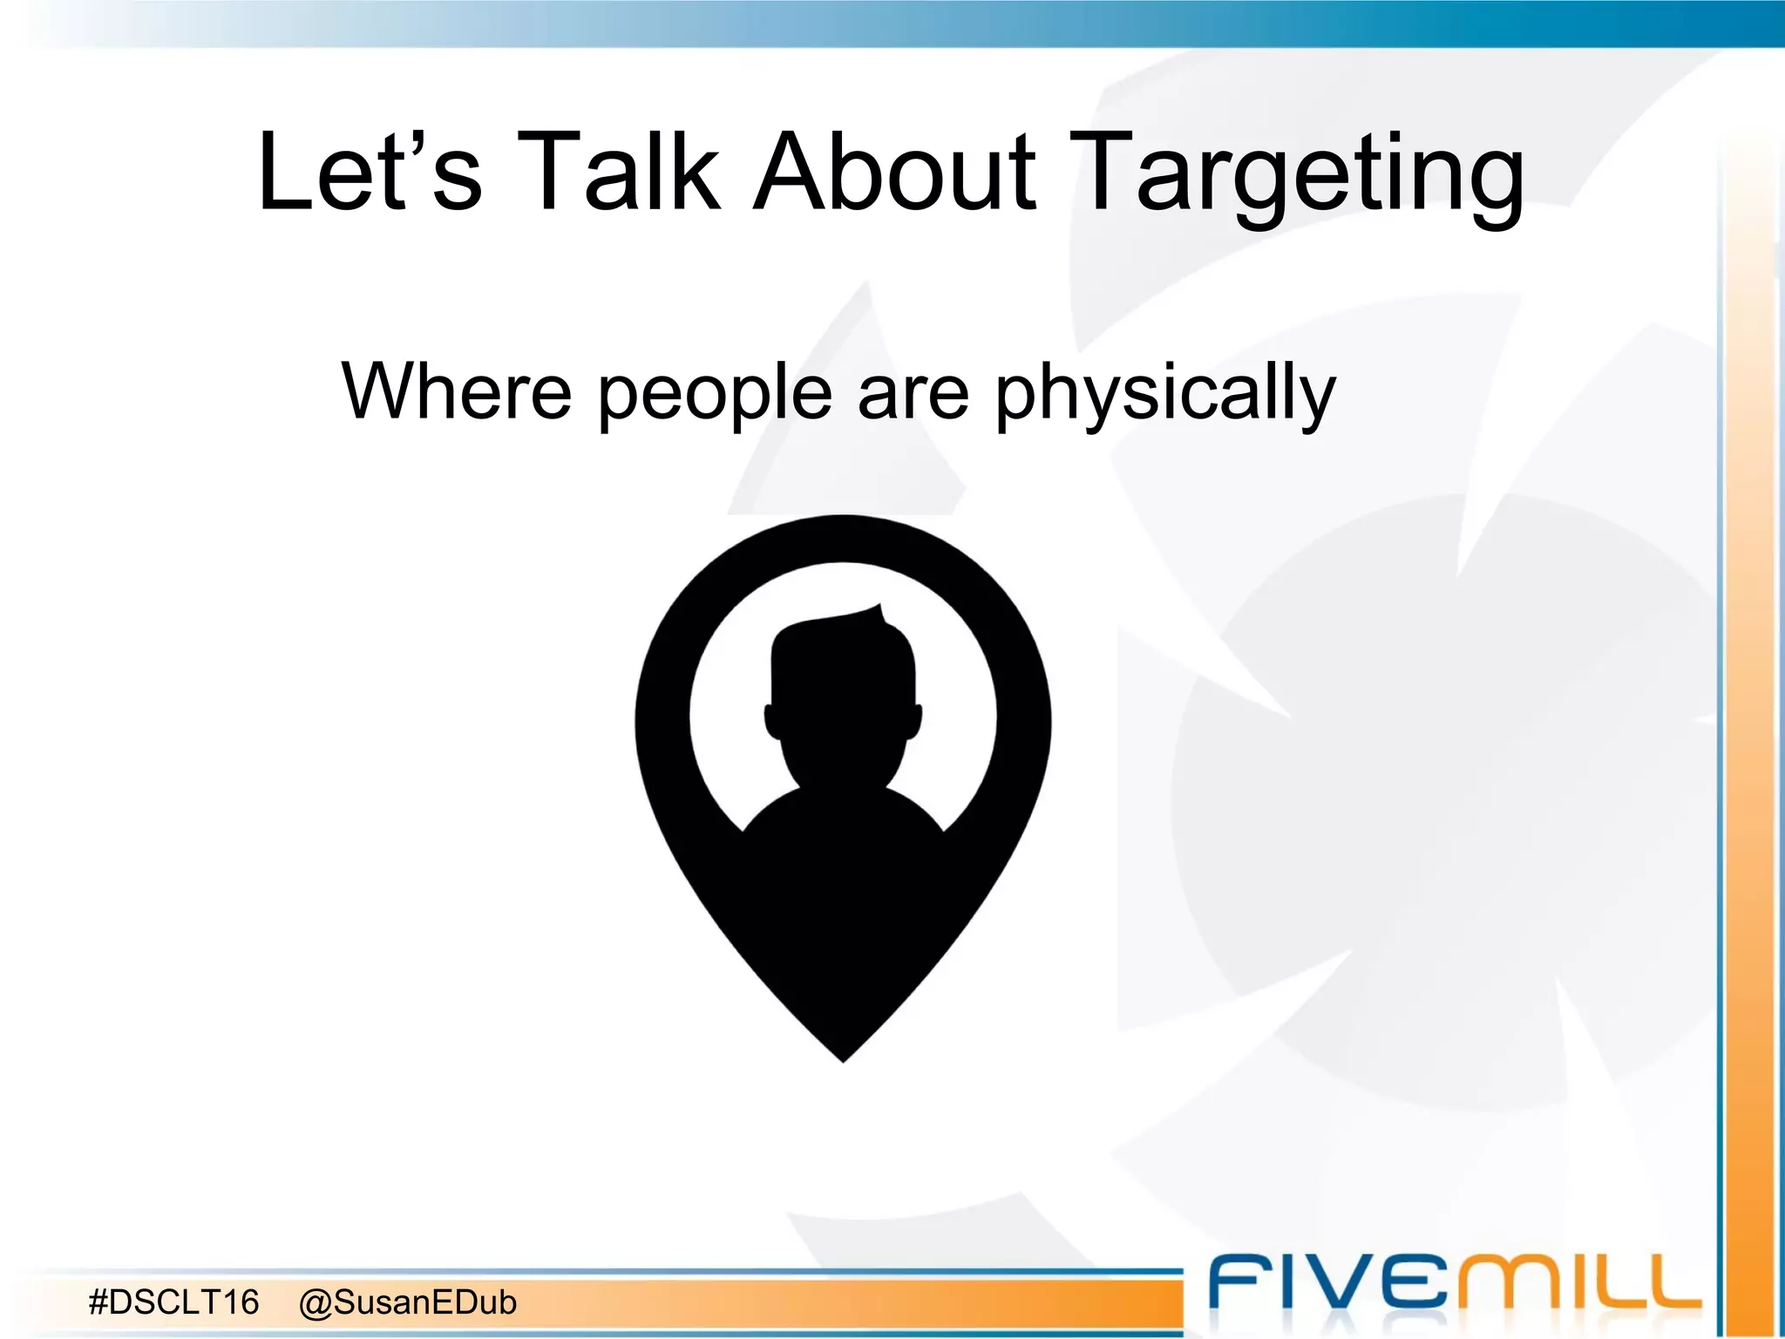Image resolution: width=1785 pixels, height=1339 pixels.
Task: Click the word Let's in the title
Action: coord(369,172)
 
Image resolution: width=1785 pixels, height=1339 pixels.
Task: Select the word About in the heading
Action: coord(895,172)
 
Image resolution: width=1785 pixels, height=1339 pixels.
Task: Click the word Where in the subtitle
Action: coord(456,391)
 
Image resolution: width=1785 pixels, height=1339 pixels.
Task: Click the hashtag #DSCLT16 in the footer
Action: coord(174,1302)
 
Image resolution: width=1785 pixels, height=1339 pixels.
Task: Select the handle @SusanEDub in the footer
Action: coord(407,1302)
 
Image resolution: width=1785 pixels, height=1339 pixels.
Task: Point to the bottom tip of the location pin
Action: coord(843,1058)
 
